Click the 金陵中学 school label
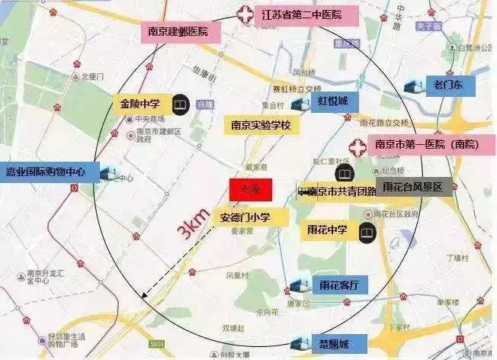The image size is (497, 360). click(140, 102)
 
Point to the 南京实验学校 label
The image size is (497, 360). click(261, 125)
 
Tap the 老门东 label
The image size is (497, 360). click(450, 84)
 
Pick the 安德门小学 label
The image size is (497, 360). click(250, 217)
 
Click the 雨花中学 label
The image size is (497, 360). click(329, 231)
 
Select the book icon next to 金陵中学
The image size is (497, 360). click(180, 102)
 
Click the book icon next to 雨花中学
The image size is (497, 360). click(367, 231)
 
